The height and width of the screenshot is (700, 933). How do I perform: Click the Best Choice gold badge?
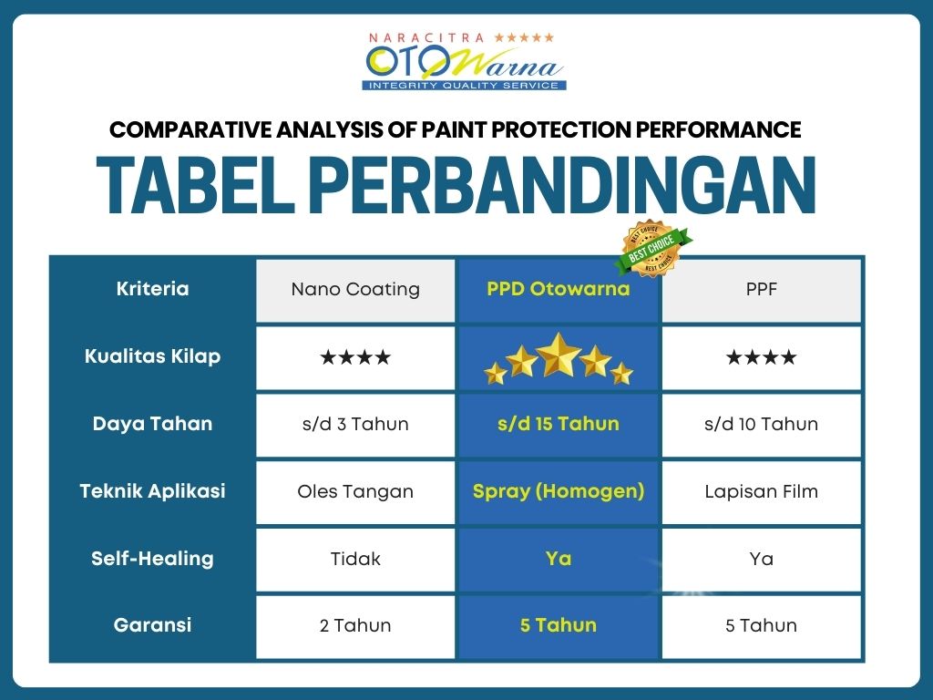pyautogui.click(x=652, y=249)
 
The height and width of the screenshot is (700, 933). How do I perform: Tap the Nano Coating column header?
pyautogui.click(x=355, y=290)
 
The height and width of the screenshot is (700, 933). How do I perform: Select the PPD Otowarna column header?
pyautogui.click(x=559, y=290)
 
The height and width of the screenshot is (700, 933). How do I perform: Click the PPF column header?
pyautogui.click(x=761, y=290)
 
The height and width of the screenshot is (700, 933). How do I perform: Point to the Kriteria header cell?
pyautogui.click(x=152, y=289)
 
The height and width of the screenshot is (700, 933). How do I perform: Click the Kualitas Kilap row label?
pyautogui.click(x=152, y=356)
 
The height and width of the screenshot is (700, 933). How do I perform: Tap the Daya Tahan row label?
pyautogui.click(x=152, y=424)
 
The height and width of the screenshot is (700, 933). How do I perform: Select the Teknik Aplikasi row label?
pyautogui.click(x=152, y=491)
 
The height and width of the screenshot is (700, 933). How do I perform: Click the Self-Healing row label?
pyautogui.click(x=152, y=559)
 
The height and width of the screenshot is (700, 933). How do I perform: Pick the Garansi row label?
pyautogui.click(x=152, y=625)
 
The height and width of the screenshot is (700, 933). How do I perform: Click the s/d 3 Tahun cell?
pyautogui.click(x=355, y=425)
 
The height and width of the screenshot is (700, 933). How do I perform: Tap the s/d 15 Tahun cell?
pyautogui.click(x=559, y=425)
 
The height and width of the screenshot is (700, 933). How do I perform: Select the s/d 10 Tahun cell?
pyautogui.click(x=761, y=425)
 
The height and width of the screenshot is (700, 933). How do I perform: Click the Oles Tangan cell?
pyautogui.click(x=355, y=491)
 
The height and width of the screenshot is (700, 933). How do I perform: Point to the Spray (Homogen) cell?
pyautogui.click(x=559, y=491)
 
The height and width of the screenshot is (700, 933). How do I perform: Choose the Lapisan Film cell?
pyautogui.click(x=761, y=491)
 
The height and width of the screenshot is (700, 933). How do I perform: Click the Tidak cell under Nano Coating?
pyautogui.click(x=355, y=559)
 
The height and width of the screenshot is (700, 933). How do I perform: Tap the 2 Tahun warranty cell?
pyautogui.click(x=355, y=625)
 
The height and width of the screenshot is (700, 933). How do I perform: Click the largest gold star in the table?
pyautogui.click(x=559, y=355)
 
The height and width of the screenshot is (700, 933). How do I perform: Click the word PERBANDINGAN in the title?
pyautogui.click(x=562, y=185)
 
